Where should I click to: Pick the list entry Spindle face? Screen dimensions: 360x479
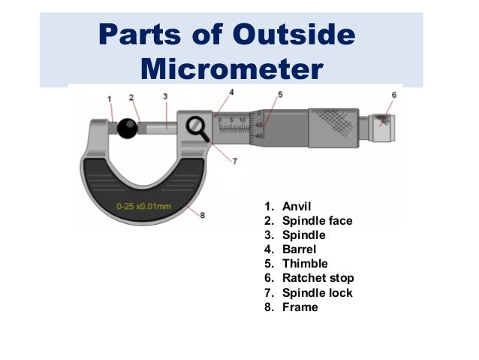tap(317, 221)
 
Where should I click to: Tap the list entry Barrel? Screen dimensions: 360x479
tap(299, 250)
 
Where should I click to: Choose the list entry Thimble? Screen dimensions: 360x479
tap(305, 264)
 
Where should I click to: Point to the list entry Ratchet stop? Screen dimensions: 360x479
tap(318, 278)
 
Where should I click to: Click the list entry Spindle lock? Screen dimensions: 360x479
tap(317, 292)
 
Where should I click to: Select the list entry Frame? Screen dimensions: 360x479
tap(300, 307)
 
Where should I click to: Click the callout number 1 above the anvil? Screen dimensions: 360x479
tap(110, 98)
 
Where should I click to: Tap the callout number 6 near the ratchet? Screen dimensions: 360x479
tap(394, 95)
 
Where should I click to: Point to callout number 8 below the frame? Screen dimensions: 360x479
tap(202, 216)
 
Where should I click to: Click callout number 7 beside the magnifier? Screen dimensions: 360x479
tap(234, 161)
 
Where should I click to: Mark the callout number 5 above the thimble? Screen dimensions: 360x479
tap(280, 95)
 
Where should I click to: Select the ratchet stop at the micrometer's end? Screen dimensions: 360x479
tap(385, 128)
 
